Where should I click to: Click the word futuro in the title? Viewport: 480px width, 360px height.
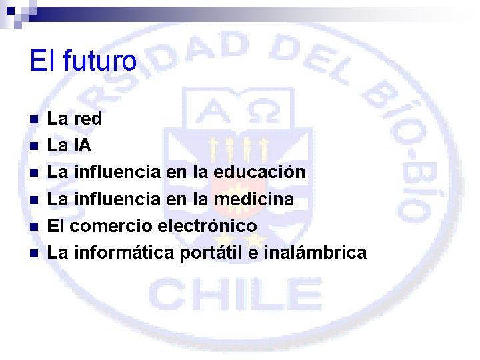[x=100, y=61]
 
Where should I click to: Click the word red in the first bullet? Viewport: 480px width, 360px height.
[x=87, y=119]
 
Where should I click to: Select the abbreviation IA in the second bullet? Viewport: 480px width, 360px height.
[x=83, y=146]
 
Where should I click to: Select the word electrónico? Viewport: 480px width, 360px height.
[x=207, y=226]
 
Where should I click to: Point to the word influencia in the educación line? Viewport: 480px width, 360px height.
[x=116, y=172]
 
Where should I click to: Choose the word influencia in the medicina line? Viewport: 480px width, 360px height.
[x=116, y=199]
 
